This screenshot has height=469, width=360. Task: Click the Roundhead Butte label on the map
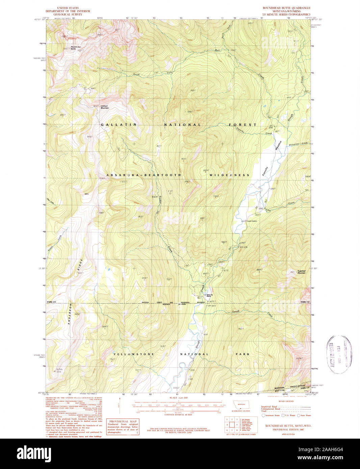click(x=76, y=48)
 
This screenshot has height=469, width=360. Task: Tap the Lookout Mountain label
click(x=104, y=107)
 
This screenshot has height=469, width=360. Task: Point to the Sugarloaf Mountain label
click(x=302, y=272)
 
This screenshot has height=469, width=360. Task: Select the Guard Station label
click(x=252, y=221)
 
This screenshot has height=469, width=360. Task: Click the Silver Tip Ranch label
click(x=209, y=295)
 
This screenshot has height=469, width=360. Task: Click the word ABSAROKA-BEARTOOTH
click(x=144, y=175)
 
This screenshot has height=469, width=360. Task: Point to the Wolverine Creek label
click(x=298, y=144)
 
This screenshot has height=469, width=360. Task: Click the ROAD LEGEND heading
click(x=286, y=401)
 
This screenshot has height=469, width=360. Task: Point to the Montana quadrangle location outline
click(x=241, y=405)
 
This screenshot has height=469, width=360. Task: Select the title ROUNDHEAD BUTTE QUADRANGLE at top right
click(x=287, y=8)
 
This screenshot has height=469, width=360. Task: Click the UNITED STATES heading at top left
click(x=68, y=8)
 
